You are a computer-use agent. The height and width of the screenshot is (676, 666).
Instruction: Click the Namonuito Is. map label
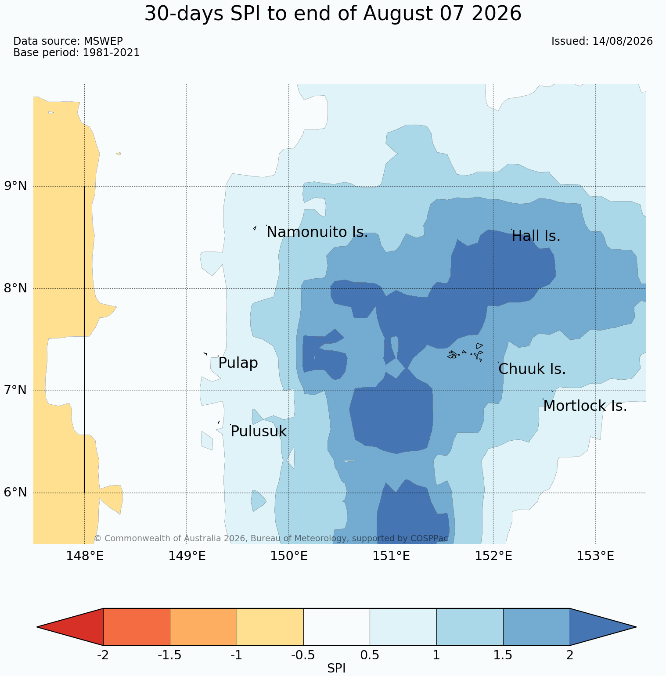317,232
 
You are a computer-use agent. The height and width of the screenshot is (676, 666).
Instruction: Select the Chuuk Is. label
532,369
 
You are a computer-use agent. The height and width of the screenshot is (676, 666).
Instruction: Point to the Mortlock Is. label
585,406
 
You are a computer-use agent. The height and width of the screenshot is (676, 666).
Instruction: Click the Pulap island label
238,363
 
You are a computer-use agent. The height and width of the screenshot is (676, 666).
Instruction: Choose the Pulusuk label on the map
259,431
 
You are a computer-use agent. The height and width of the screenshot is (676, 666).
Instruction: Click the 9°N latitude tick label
16,186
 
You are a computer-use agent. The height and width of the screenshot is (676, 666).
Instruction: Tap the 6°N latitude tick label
16,493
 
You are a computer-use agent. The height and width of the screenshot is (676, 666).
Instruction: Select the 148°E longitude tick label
85,556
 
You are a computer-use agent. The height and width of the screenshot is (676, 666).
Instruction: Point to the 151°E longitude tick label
391,556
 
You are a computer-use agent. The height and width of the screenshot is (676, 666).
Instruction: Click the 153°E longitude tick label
595,556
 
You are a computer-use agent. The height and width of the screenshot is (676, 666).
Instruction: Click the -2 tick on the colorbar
103,655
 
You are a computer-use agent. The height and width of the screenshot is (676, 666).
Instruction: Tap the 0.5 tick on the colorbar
370,655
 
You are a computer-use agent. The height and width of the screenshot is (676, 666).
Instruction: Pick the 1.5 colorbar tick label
503,655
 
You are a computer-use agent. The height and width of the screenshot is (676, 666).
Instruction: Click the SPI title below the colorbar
337,669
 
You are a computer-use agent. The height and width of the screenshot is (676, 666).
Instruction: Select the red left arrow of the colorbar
70,627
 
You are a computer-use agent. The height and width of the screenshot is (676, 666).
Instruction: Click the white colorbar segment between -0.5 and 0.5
337,627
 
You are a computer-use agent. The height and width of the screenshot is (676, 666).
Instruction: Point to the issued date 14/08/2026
623,41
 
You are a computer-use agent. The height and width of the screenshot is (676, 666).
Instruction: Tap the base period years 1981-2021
111,53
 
